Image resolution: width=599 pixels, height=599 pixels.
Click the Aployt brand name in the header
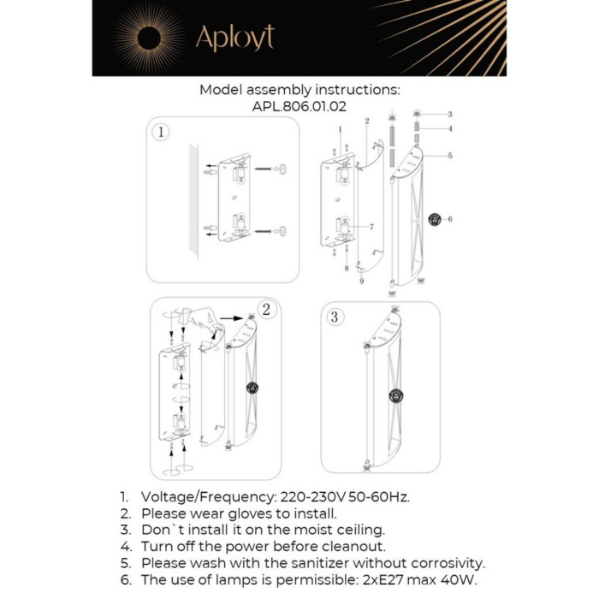click(234, 38)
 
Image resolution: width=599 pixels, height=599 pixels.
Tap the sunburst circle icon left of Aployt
click(148, 37)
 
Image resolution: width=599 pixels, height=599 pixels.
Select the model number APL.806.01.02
click(299, 107)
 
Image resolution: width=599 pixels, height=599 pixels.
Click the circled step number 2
click(266, 310)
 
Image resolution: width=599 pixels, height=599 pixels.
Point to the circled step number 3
click(335, 317)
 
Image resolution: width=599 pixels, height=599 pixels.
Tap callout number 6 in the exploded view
click(450, 219)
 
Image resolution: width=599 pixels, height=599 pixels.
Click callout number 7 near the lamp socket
click(371, 227)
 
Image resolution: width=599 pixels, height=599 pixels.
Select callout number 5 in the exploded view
click(449, 156)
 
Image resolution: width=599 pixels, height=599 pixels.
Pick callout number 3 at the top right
click(449, 114)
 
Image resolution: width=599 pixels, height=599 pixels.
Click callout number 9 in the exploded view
click(361, 281)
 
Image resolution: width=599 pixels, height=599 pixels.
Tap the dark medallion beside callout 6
click(435, 219)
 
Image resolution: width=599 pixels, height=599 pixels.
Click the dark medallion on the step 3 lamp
click(395, 395)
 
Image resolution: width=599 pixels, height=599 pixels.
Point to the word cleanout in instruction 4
click(351, 546)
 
